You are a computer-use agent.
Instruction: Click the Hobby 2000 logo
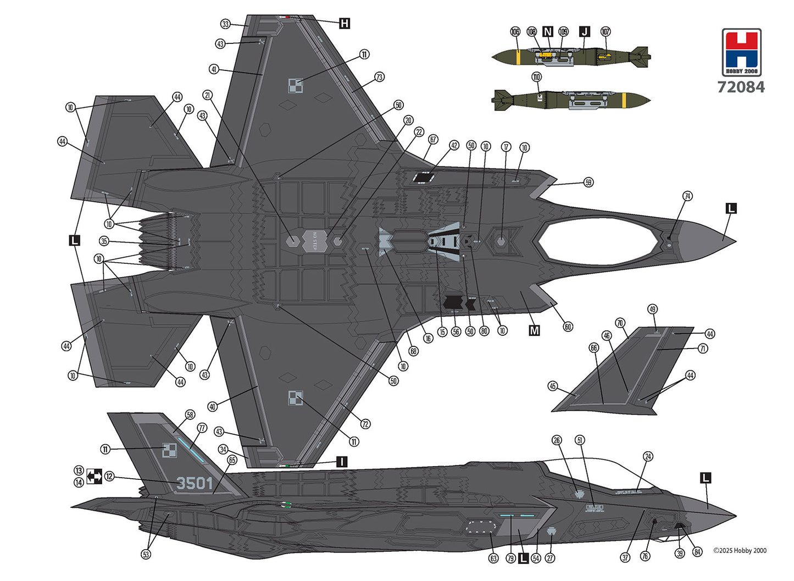pos(741,52)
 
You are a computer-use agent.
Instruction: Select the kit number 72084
pos(741,87)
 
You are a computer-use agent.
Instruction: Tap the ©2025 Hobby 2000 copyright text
pos(740,550)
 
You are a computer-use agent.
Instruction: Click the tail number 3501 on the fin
pos(195,483)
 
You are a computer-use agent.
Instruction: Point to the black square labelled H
pos(345,23)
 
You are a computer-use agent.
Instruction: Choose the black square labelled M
pos(534,330)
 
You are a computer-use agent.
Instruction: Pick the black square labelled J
pos(584,31)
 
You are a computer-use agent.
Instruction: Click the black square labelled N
pos(547,31)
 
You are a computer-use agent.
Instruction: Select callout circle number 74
pos(687,196)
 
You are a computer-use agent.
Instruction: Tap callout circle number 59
pos(588,182)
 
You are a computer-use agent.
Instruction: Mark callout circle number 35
pos(104,241)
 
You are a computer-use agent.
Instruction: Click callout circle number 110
pos(536,77)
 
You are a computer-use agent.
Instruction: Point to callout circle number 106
pos(515,32)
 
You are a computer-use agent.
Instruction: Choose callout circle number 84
pos(697,552)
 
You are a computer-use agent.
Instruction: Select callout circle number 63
pos(493,558)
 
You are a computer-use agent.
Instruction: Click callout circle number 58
pos(190,415)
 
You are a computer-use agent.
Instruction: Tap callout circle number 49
pos(652,309)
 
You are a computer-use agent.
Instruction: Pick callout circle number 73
pos(379,78)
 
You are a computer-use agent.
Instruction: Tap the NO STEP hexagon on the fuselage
pos(315,241)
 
